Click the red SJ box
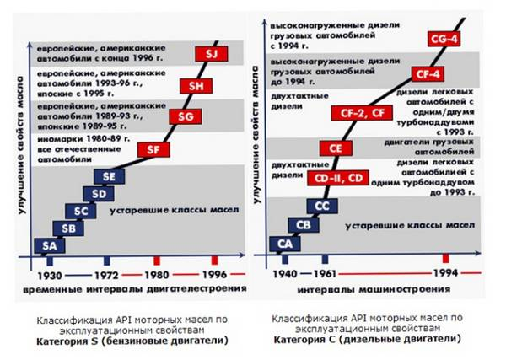point(212,55)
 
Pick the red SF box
point(152,150)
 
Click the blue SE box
point(108,177)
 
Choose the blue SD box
point(99,194)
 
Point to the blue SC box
point(81,211)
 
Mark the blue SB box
point(68,228)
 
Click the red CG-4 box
point(444,39)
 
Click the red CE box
point(336,148)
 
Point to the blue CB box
point(304,224)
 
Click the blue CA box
point(286,243)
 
